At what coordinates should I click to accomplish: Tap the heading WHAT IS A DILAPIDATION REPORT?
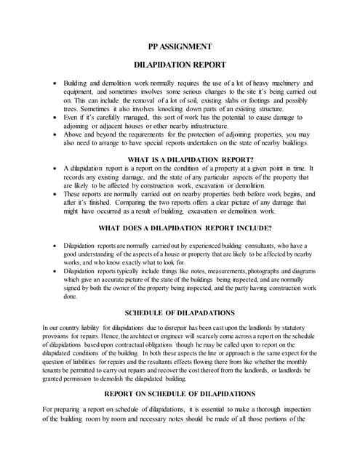point(180,159)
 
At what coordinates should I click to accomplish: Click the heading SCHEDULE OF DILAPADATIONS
point(180,313)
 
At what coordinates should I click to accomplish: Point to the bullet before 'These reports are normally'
point(55,195)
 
